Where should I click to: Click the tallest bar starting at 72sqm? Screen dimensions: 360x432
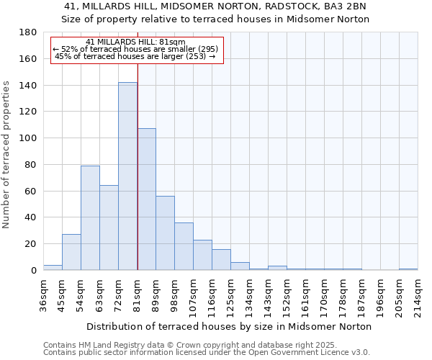pyautogui.click(x=127, y=176)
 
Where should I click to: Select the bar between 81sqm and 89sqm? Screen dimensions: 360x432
pyautogui.click(x=146, y=199)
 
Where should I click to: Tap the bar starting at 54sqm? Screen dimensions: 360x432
pyautogui.click(x=90, y=218)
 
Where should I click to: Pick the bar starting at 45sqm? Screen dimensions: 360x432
pyautogui.click(x=71, y=252)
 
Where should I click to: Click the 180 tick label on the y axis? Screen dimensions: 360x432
pyautogui.click(x=28, y=32)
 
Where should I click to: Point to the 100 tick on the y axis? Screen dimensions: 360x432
pyautogui.click(x=28, y=138)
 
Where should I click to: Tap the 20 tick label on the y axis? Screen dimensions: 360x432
pyautogui.click(x=31, y=244)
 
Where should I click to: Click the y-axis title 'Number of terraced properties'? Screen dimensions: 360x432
pyautogui.click(x=6, y=154)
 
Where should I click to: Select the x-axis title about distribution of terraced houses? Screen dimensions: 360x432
pyautogui.click(x=229, y=326)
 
